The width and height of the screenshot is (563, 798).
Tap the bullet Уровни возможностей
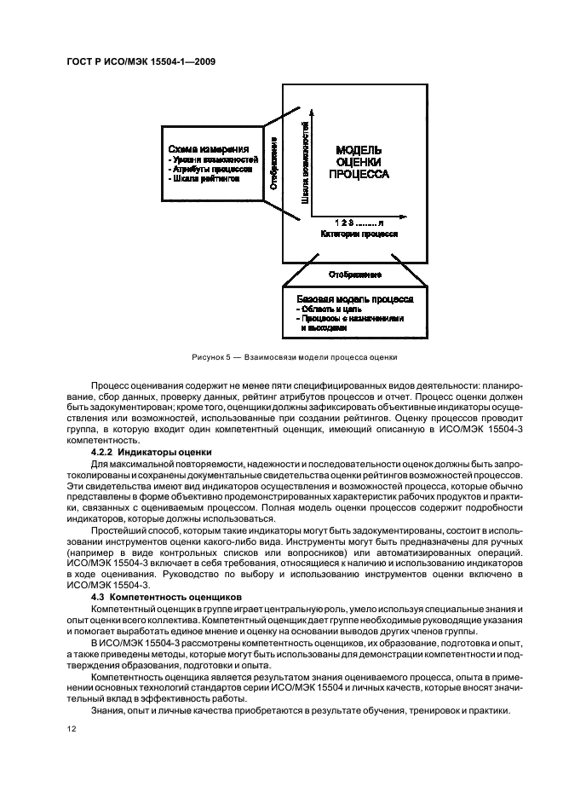(x=213, y=159)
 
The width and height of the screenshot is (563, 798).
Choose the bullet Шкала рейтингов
(x=204, y=179)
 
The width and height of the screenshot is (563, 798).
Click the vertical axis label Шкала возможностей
(x=304, y=163)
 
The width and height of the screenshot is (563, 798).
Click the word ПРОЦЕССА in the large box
(x=359, y=174)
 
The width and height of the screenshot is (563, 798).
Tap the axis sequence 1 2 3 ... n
(x=359, y=222)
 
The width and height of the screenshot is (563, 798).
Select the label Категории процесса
(x=359, y=233)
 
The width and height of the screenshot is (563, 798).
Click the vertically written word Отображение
(x=273, y=162)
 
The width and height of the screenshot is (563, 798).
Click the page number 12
(x=72, y=730)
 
